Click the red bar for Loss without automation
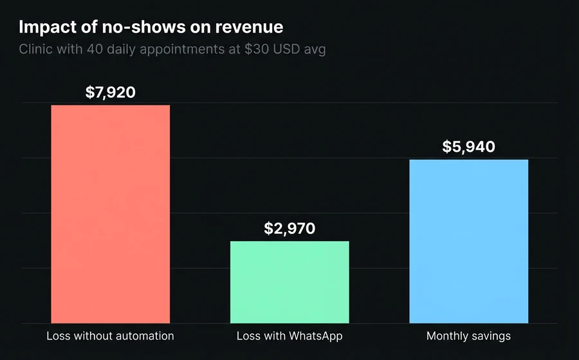(x=110, y=214)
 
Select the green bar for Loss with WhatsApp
(x=289, y=282)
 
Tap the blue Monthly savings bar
(x=468, y=241)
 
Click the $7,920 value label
(x=110, y=93)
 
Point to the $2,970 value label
(x=289, y=228)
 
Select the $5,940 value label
(x=468, y=147)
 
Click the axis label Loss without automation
(x=110, y=336)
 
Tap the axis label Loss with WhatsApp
(x=289, y=336)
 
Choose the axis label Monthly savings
(x=468, y=336)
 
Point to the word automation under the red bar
(x=143, y=336)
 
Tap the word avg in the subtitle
(x=315, y=50)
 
